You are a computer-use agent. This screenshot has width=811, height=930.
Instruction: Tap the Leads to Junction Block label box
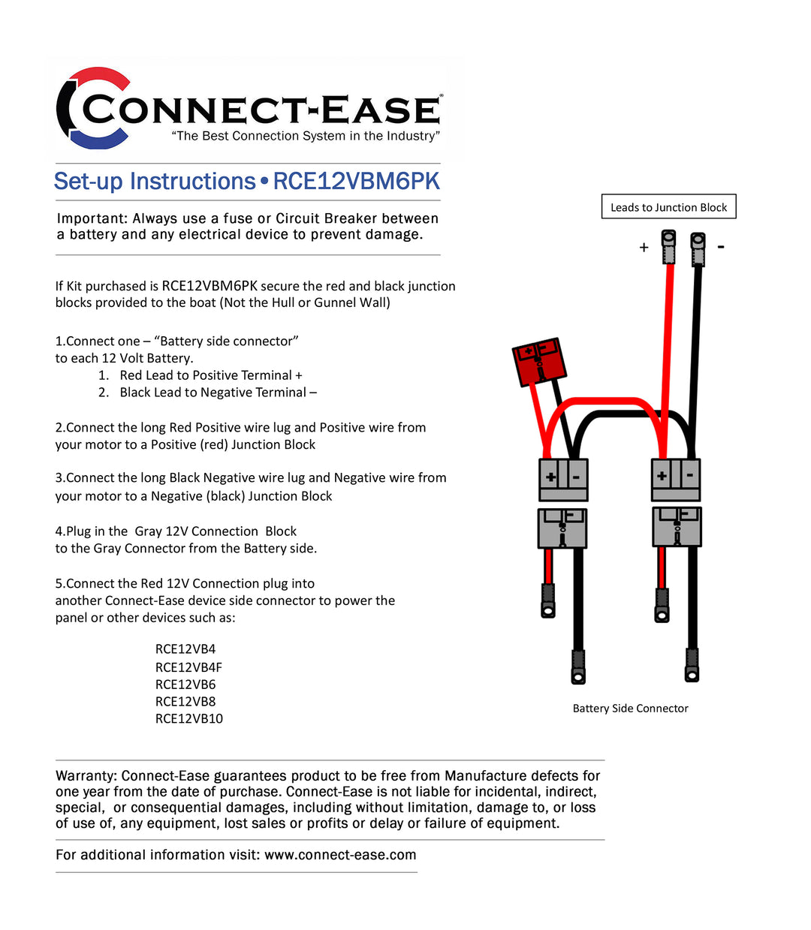[668, 207]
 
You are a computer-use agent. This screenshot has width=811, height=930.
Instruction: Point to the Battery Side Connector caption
[630, 708]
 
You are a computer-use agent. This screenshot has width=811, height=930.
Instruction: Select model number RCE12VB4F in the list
[188, 667]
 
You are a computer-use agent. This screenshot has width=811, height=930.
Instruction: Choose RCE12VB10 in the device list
[188, 718]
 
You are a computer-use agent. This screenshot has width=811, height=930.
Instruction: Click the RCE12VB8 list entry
[185, 701]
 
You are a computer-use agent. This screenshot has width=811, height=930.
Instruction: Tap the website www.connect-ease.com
[340, 854]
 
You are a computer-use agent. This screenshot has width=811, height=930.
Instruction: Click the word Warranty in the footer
[86, 775]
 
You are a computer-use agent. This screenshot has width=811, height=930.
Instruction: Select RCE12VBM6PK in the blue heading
[356, 182]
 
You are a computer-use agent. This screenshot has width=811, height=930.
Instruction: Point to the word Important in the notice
[91, 218]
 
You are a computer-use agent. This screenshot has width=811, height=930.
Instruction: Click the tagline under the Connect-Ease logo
[306, 136]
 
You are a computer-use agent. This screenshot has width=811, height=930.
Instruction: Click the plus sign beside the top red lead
[644, 247]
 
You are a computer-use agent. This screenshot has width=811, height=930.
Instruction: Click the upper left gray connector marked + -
[563, 480]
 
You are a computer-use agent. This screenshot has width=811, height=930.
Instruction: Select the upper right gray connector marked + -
[676, 479]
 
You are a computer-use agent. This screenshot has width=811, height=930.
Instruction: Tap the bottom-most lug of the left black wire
[578, 667]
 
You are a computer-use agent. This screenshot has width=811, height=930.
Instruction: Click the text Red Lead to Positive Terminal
[210, 375]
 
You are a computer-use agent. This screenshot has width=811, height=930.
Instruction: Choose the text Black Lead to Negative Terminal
[218, 393]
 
